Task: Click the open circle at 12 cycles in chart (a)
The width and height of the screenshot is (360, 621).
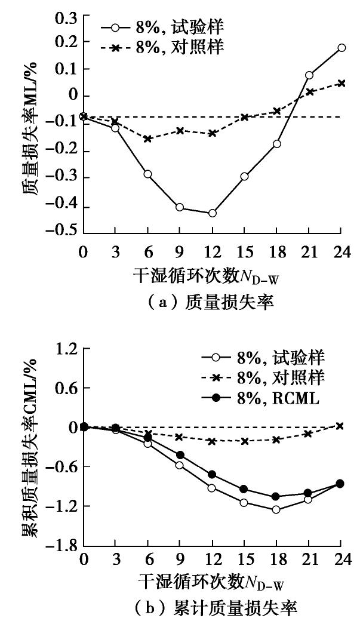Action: (212, 213)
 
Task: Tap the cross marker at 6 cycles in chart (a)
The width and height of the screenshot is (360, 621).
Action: (147, 139)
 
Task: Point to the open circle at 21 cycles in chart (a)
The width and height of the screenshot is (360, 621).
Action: (309, 75)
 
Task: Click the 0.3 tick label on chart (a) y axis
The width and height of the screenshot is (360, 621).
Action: (65, 19)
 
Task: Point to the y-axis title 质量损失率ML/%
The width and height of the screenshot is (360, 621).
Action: (30, 125)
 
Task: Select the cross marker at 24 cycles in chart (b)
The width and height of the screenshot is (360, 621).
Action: (340, 426)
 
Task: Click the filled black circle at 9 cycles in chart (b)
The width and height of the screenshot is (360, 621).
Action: (180, 455)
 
